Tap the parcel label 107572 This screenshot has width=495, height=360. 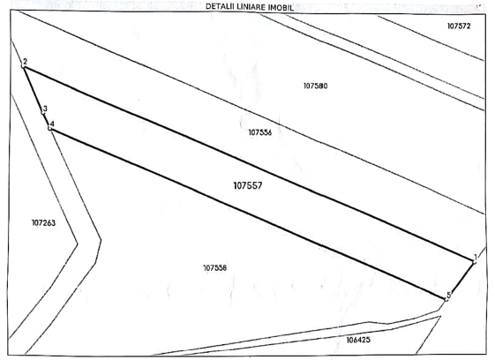[x=459, y=26]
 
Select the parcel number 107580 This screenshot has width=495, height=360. [x=316, y=86]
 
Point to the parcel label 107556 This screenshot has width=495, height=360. [x=260, y=132]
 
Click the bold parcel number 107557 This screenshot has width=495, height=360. [x=248, y=185]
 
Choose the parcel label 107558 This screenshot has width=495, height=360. [x=215, y=268]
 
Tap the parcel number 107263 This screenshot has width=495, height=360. [x=43, y=223]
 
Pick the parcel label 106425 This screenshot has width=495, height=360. [x=358, y=340]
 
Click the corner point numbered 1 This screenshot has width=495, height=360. [x=474, y=262]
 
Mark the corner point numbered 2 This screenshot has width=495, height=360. [x=23, y=65]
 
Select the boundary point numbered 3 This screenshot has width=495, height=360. [x=43, y=113]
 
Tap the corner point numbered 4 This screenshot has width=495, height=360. [x=49, y=128]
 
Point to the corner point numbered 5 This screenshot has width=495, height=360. [x=446, y=299]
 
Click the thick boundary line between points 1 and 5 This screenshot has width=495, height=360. [x=461, y=281]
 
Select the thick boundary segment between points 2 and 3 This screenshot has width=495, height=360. [x=33, y=89]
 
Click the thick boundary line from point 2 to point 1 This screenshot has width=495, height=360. [x=249, y=163]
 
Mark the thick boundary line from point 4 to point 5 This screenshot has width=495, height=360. [x=248, y=214]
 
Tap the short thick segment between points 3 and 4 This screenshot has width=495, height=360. [x=46, y=120]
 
